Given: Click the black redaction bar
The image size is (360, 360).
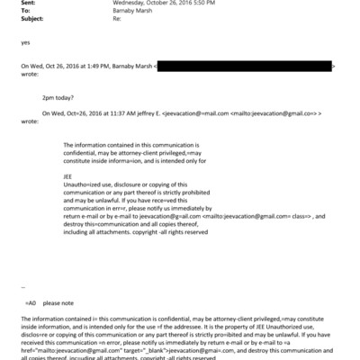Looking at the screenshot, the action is tap(244, 67).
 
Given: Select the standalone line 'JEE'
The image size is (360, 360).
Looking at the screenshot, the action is tap(69, 176).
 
